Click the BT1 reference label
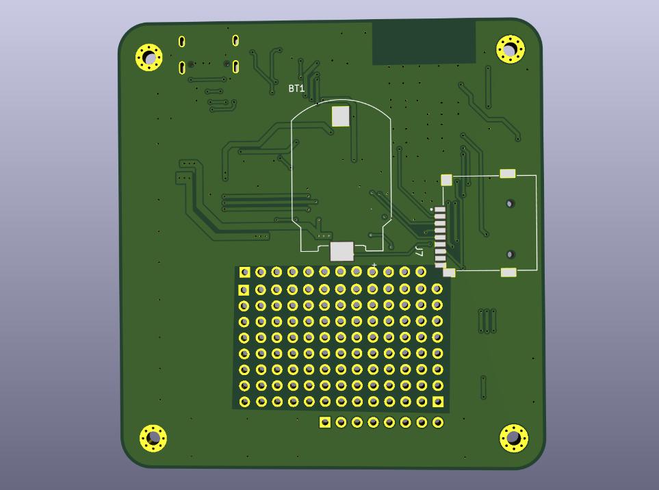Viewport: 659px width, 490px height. (x=296, y=89)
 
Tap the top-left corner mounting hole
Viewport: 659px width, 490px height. (x=149, y=57)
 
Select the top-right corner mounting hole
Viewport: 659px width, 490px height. (x=510, y=49)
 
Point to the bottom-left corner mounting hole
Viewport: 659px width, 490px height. (x=153, y=437)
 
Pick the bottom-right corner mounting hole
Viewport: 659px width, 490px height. (x=513, y=438)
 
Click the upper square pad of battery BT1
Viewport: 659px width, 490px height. (x=341, y=116)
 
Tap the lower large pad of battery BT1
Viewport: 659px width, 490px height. (x=341, y=251)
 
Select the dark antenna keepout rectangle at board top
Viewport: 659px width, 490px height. (x=424, y=42)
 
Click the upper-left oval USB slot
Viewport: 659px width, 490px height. (x=181, y=41)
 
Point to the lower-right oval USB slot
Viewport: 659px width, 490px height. (x=235, y=66)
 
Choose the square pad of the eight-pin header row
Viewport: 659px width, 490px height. (x=325, y=422)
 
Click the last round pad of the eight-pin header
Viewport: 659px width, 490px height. (x=438, y=422)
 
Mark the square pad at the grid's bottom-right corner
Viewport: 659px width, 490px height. (x=438, y=402)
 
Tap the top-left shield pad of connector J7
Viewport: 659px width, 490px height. (x=446, y=180)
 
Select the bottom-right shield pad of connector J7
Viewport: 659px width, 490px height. (x=508, y=272)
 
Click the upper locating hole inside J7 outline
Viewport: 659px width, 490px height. (x=510, y=203)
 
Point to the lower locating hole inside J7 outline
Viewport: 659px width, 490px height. (x=510, y=254)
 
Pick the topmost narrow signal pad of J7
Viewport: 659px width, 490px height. (x=440, y=209)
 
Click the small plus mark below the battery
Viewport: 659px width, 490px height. (x=374, y=264)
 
